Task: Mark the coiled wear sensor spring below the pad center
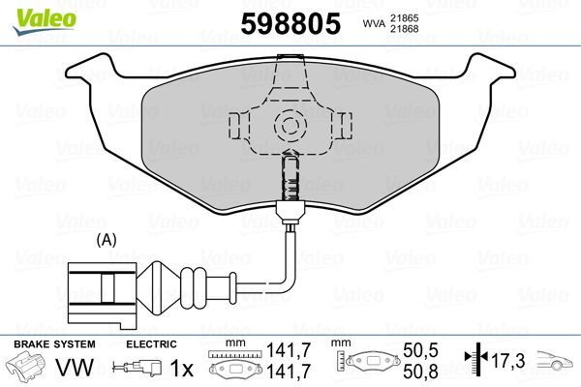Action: point(289,178)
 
